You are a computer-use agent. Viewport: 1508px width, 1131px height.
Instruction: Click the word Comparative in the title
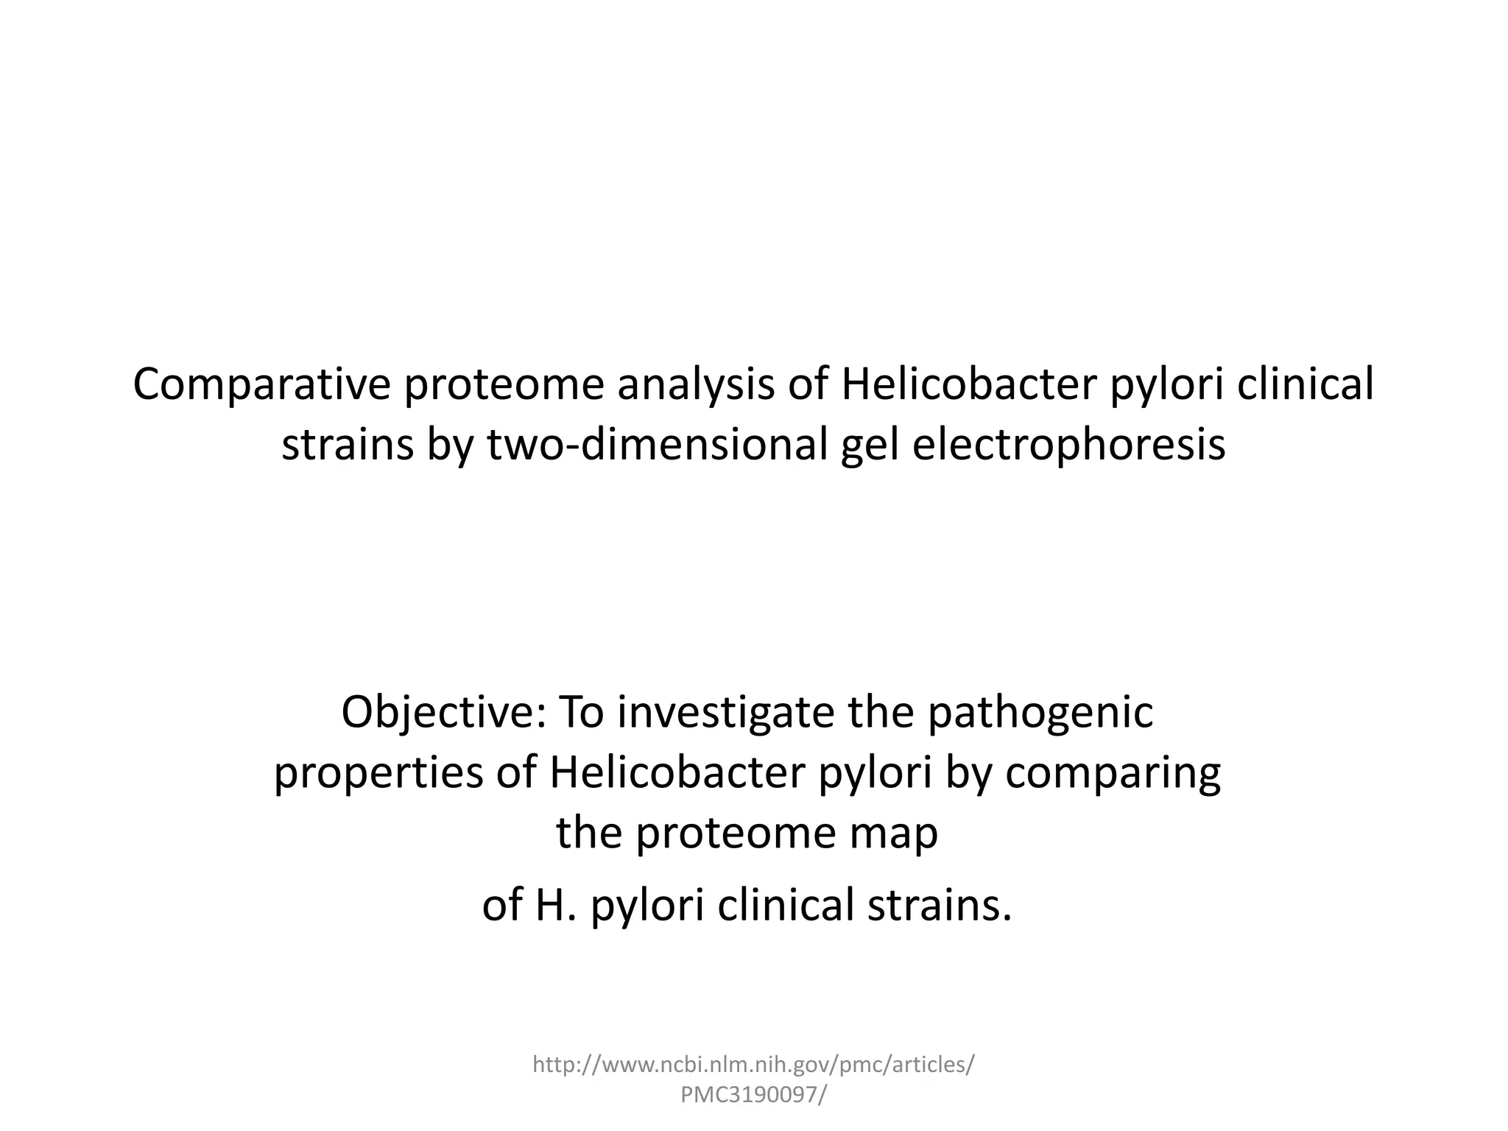pos(261,386)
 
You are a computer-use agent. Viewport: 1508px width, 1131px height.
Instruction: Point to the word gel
pos(870,445)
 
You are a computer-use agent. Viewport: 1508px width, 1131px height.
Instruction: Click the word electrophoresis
pos(1068,445)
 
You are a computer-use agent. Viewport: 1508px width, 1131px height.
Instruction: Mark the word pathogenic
pos(1040,713)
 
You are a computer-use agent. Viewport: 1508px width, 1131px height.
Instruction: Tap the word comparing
pos(1113,773)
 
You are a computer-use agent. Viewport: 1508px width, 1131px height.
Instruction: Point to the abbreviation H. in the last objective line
pos(554,906)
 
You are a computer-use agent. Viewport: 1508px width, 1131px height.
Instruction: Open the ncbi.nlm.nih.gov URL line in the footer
pos(753,1064)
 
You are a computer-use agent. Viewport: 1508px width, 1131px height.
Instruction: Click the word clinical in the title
pos(1305,386)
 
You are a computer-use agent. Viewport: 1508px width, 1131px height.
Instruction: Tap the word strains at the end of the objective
pos(939,906)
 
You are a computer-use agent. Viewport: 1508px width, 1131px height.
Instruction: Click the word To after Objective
pos(581,713)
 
